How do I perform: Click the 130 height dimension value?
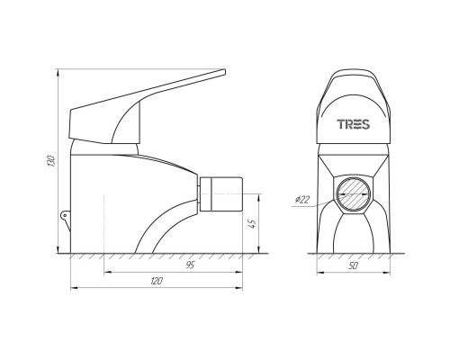coord(51,161)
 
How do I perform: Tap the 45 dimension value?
coord(253,224)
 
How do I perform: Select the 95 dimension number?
coord(191,265)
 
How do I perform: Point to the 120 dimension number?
coord(157,281)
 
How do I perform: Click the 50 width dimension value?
coord(354,265)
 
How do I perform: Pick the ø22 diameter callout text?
coord(302,200)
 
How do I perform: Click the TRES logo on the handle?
coord(354,124)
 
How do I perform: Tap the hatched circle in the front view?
coord(353,194)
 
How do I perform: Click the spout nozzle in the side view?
coord(220,194)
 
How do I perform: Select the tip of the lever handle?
coord(224,71)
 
